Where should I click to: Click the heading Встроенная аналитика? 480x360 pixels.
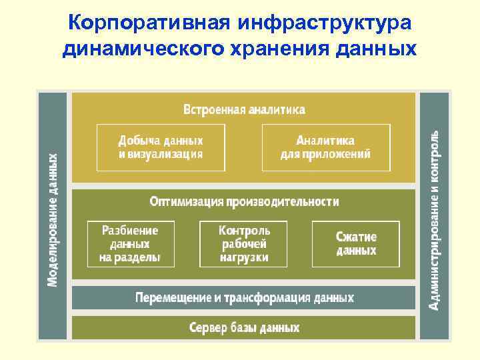click(244, 109)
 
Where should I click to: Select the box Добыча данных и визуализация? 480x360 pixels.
click(160, 147)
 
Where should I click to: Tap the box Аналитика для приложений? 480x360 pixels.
click(325, 147)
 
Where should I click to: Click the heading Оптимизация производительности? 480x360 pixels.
click(244, 201)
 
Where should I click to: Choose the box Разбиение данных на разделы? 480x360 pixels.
click(131, 244)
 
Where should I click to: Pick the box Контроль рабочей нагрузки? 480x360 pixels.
click(244, 244)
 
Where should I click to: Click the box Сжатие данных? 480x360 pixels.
click(356, 244)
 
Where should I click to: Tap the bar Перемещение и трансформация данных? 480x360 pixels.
click(244, 297)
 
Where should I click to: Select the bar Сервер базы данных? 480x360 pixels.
click(244, 327)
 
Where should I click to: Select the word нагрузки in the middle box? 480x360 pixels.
click(244, 257)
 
